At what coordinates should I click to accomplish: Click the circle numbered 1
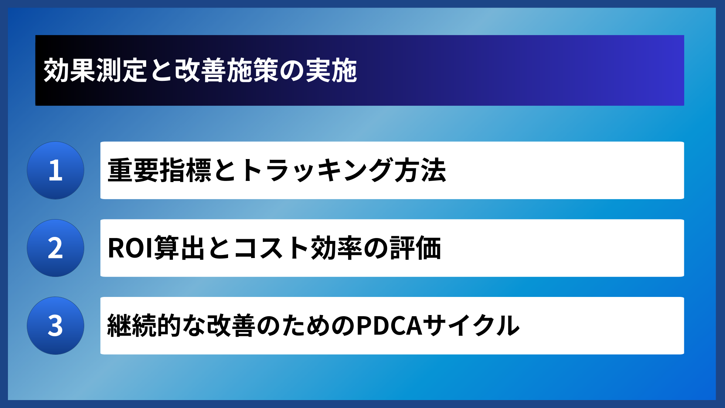click(56, 170)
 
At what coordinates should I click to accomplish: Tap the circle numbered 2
click(56, 248)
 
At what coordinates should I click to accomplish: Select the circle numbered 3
click(56, 326)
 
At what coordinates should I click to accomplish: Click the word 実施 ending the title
click(331, 71)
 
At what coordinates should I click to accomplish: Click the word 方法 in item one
click(420, 170)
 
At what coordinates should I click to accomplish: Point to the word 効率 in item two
click(336, 248)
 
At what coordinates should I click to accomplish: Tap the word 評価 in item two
click(415, 248)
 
